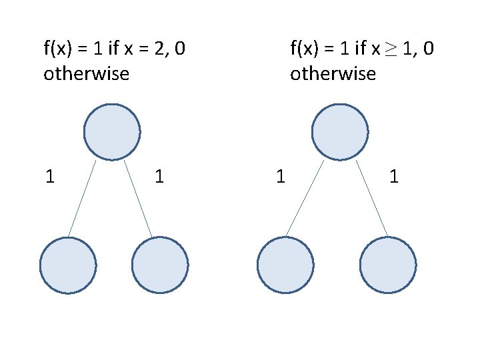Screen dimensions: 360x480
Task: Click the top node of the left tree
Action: pyautogui.click(x=112, y=132)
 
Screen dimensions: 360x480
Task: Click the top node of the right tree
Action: pyautogui.click(x=340, y=132)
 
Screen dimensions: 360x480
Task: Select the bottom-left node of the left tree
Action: pyautogui.click(x=68, y=265)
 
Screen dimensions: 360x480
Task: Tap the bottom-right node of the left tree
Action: pyautogui.click(x=160, y=265)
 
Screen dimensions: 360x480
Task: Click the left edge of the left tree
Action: pyautogui.click(x=82, y=198)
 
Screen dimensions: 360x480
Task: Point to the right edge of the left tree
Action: pyautogui.click(x=138, y=198)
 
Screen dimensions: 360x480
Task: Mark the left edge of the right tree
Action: pyautogui.click(x=305, y=198)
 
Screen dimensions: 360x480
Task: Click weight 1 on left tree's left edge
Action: pyautogui.click(x=49, y=177)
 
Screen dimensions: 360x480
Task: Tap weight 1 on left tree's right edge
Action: pyautogui.click(x=159, y=177)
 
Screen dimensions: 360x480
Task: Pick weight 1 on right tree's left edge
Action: pyautogui.click(x=281, y=177)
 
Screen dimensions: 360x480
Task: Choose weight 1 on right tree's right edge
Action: pyautogui.click(x=394, y=177)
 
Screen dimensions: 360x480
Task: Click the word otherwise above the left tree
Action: pyautogui.click(x=86, y=73)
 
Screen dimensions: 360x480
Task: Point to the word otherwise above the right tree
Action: pyautogui.click(x=333, y=73)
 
